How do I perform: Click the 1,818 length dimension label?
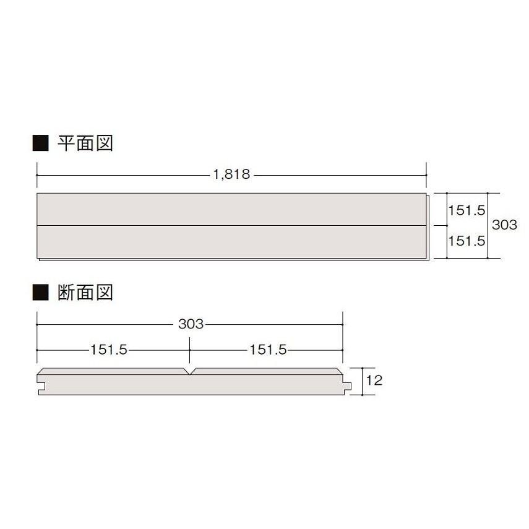231,174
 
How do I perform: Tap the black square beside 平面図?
40,144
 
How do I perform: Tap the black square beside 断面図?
40,293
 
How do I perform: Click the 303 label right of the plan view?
504,225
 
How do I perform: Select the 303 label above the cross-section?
191,324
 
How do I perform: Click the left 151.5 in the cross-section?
108,350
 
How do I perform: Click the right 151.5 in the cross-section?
268,350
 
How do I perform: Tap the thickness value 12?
374,380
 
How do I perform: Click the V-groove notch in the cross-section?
191,372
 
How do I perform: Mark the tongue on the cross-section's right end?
348,385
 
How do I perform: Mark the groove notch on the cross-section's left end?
41,385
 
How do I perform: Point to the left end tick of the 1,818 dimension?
37,175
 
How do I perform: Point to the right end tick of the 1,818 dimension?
426,175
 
